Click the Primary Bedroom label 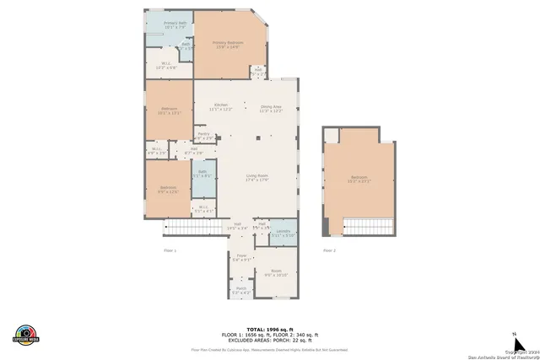point(227,44)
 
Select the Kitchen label point(220,107)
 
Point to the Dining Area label point(270,107)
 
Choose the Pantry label point(203,135)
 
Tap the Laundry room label point(283,232)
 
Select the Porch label point(240,290)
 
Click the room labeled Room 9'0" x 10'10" point(276,273)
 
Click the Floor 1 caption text point(170,250)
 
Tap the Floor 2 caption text point(329,250)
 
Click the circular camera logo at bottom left point(27,335)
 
